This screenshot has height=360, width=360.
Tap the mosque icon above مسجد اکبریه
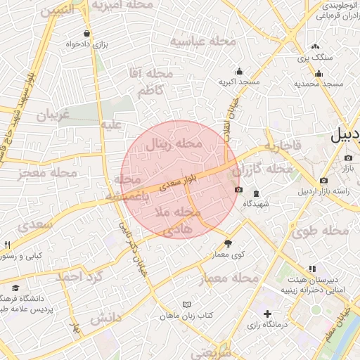pos(239,71)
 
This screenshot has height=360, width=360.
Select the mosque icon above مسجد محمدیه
pos(319,74)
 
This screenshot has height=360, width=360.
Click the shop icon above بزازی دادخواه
pos(86,33)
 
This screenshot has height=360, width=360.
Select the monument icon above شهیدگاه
pos(256,193)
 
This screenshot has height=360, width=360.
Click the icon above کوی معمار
pos(227,243)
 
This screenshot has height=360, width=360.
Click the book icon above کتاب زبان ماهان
pos(186,304)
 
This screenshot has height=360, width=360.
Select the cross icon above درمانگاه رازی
pos(266,314)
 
